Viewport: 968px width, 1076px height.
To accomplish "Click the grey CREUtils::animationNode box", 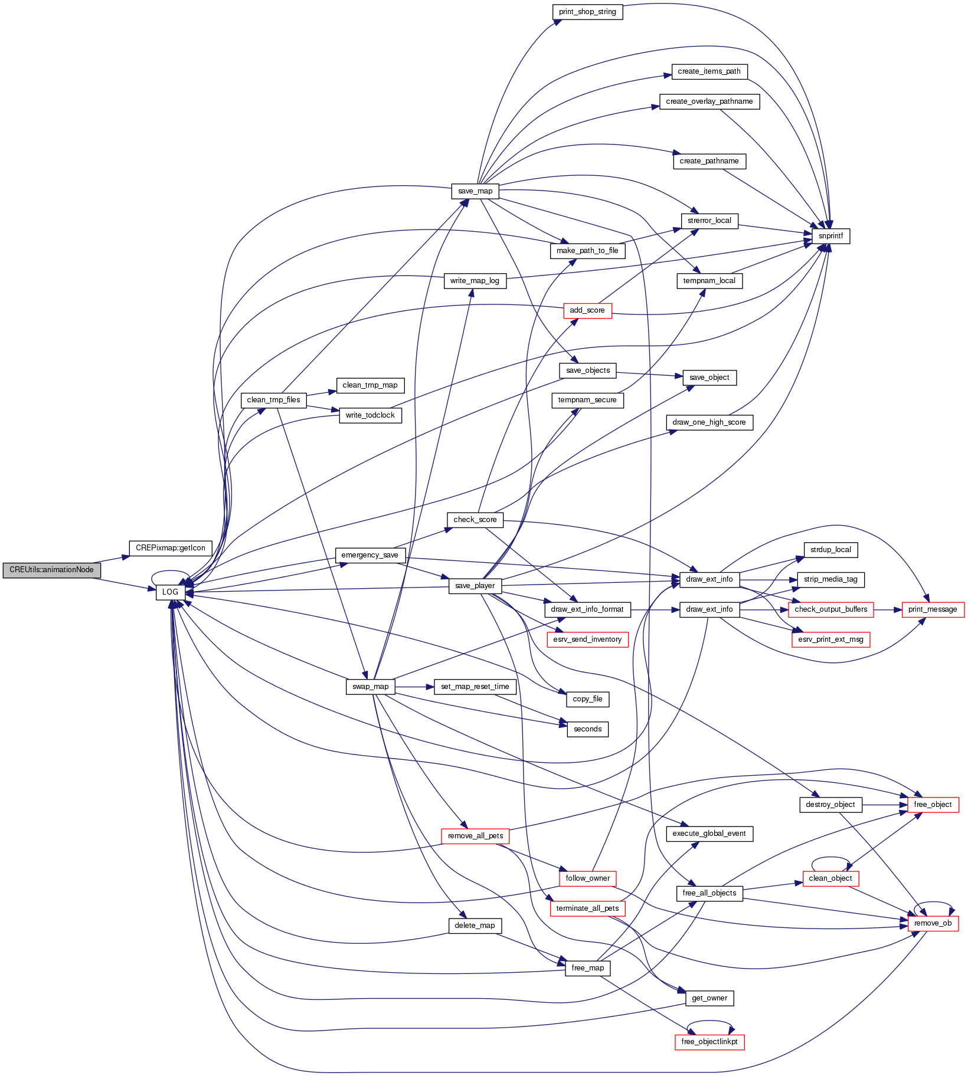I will [51, 570].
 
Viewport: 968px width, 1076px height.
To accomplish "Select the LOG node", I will [170, 592].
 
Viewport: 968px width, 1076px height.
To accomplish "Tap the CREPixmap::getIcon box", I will [170, 548].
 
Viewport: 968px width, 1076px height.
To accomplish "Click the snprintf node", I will [830, 236].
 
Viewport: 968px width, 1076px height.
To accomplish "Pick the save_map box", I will [475, 191].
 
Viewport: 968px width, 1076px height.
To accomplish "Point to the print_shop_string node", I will [587, 12].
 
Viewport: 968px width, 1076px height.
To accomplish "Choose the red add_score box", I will [587, 310].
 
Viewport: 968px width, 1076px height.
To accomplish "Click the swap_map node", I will [370, 687].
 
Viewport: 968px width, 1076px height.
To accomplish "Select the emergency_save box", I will [369, 555].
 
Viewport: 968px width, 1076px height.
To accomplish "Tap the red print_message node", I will [933, 609].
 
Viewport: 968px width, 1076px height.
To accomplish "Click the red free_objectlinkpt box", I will [709, 1042].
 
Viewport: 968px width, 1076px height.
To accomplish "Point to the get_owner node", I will [709, 998].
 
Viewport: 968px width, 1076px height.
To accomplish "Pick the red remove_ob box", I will [933, 923].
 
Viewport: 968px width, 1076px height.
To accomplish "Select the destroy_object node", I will [830, 805].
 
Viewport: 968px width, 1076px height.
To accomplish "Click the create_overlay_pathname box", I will [709, 101].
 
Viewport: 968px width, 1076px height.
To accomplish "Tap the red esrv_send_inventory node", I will [587, 639].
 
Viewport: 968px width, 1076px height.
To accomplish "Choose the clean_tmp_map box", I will [370, 385].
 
